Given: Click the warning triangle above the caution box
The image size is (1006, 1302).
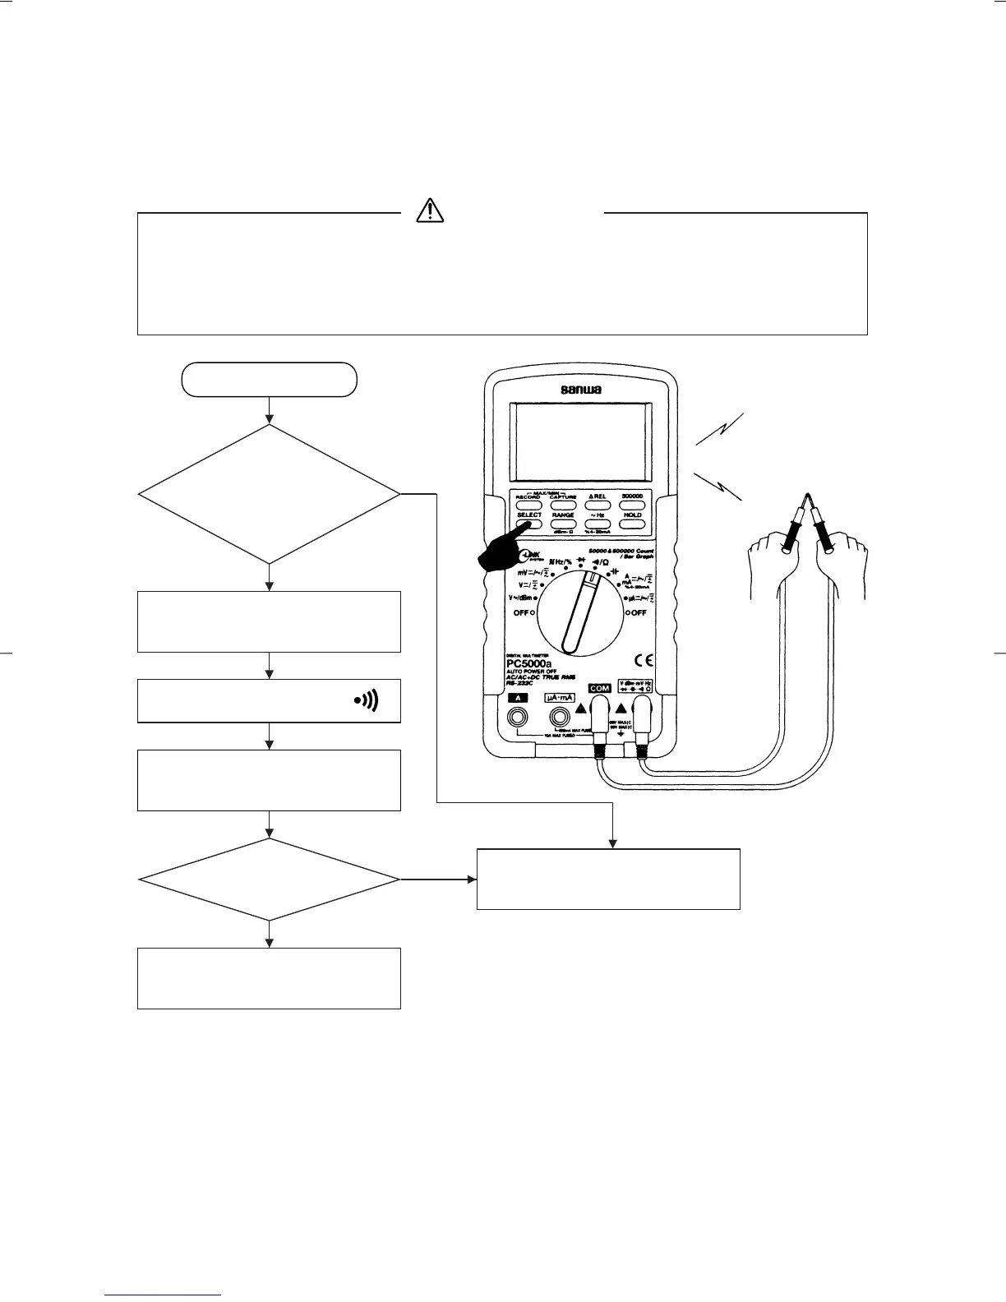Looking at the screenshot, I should click(x=429, y=211).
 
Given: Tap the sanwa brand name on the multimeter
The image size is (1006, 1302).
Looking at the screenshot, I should click(x=581, y=390).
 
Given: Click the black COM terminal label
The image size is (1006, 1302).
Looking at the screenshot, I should click(x=599, y=688).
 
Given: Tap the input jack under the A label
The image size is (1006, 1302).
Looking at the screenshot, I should click(x=519, y=718).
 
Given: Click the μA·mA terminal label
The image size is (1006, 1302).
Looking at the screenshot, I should click(x=559, y=697).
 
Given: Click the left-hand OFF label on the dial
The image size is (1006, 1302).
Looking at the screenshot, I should click(x=523, y=612).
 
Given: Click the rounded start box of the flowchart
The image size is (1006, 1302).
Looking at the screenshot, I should click(x=269, y=379).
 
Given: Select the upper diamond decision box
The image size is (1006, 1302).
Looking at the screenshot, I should click(x=269, y=494).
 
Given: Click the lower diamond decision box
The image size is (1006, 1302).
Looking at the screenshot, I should click(x=269, y=880).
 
